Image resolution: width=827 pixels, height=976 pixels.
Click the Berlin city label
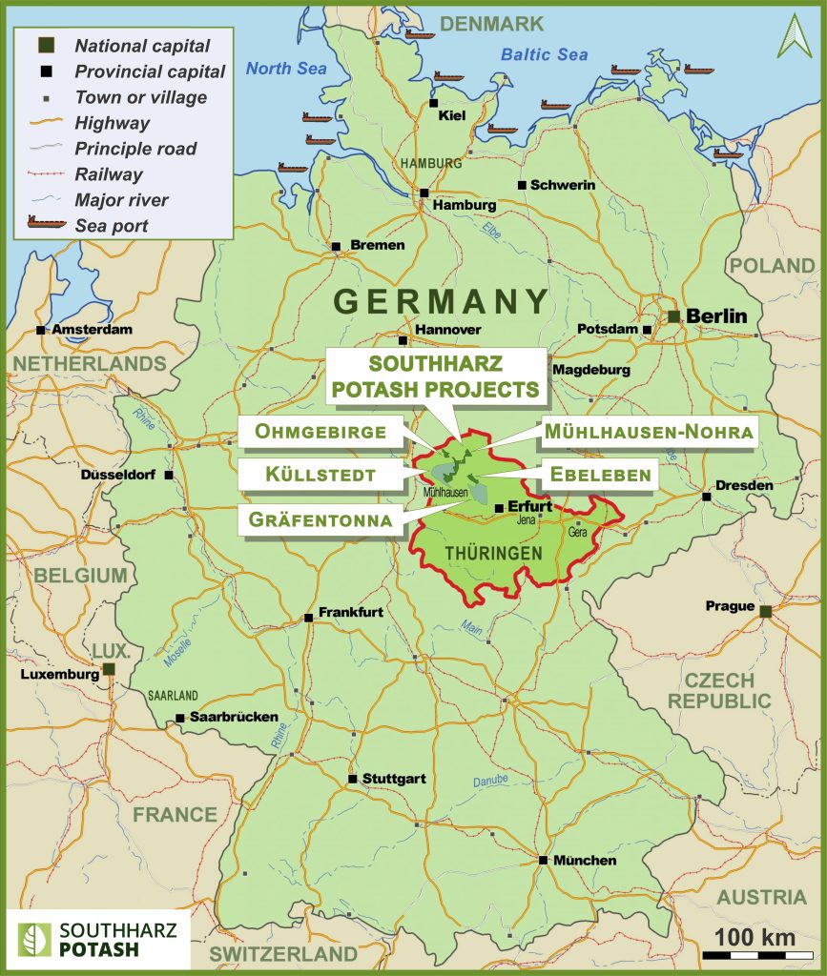pos(716,316)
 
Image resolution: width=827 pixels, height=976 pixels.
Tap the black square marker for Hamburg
pos(424,193)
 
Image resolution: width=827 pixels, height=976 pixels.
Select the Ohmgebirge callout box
pos(320,432)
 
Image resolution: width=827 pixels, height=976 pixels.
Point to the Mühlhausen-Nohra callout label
pos(649,432)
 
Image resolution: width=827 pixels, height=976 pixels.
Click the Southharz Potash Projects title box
pos(436,376)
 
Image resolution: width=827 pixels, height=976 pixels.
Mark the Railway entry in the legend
pos(109,174)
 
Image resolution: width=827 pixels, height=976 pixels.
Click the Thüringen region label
pos(494,553)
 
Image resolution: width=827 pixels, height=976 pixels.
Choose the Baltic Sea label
pos(545,55)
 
